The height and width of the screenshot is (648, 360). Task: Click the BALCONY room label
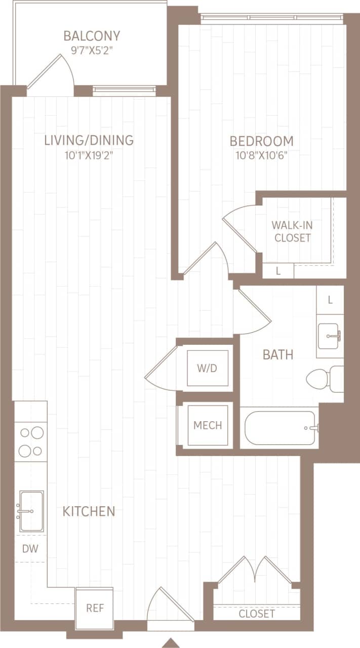tap(92, 36)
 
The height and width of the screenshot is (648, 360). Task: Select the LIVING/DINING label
tap(89, 140)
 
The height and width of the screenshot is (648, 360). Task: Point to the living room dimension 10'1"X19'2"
tap(89, 155)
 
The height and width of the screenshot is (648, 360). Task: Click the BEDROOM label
tap(261, 141)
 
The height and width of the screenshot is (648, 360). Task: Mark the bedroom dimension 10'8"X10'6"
tap(261, 155)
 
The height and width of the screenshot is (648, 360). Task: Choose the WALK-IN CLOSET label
tap(292, 231)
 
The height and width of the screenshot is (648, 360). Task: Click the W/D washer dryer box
tap(208, 368)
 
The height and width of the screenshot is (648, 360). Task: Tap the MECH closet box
tap(208, 425)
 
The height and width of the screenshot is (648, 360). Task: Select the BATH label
tap(278, 355)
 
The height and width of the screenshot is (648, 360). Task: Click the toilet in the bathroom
tap(325, 379)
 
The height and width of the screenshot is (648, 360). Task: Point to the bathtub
tap(281, 428)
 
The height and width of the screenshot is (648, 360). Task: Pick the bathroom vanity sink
tap(330, 336)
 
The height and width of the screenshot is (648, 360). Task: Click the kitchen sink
tap(31, 511)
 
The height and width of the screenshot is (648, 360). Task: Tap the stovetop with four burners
tap(31, 441)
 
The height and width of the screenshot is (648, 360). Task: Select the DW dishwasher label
tap(30, 548)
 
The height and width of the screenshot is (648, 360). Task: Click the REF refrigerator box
tap(95, 607)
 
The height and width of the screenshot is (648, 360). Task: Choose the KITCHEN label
tap(89, 511)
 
